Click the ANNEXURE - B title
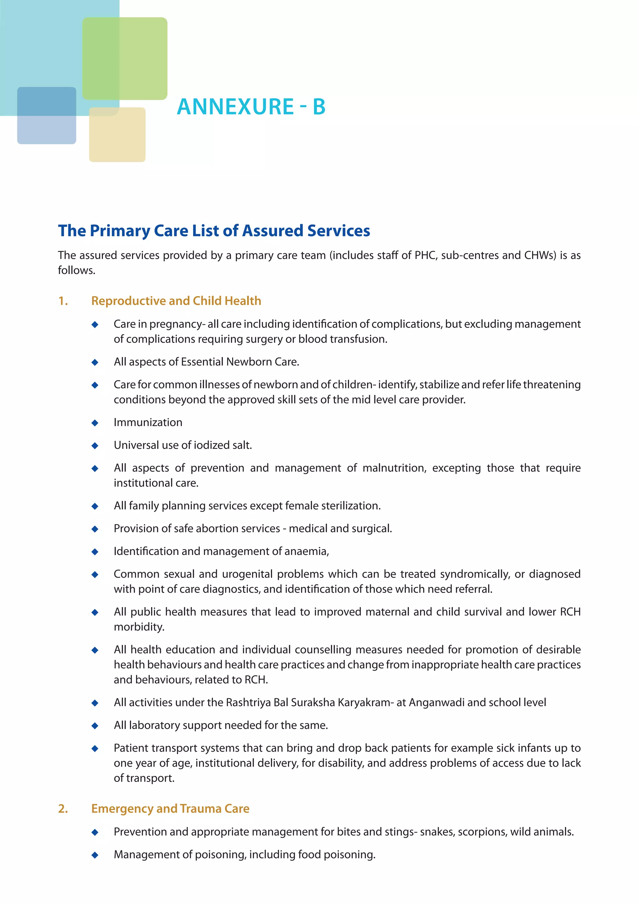tap(251, 107)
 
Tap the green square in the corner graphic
tap(125, 58)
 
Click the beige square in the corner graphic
tap(117, 135)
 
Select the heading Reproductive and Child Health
tap(176, 301)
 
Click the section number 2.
tap(63, 808)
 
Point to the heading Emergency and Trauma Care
tap(170, 808)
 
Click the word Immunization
tap(148, 422)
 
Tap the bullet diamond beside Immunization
tap(95, 423)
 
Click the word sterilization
tap(351, 506)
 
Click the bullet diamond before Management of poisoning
tap(95, 855)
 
